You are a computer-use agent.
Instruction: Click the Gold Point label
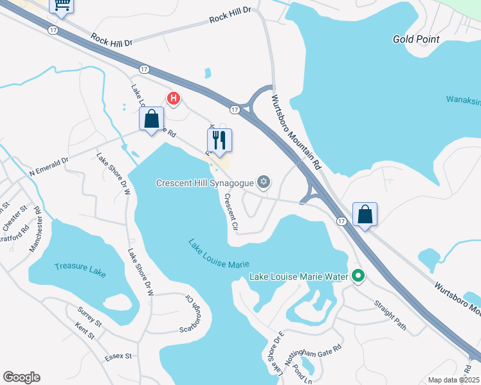[x=416, y=39]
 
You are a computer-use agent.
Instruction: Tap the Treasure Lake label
[x=80, y=269]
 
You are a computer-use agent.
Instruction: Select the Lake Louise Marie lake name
[x=219, y=254]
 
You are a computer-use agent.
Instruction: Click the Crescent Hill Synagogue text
[x=204, y=183]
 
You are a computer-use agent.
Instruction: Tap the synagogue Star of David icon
[x=262, y=183]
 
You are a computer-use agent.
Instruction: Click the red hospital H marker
[x=173, y=98]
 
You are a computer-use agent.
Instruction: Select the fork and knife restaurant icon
[x=219, y=140]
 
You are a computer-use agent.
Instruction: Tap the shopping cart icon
[x=62, y=4]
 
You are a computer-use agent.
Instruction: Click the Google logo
[x=21, y=377]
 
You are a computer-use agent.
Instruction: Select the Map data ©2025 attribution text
[x=453, y=380]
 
